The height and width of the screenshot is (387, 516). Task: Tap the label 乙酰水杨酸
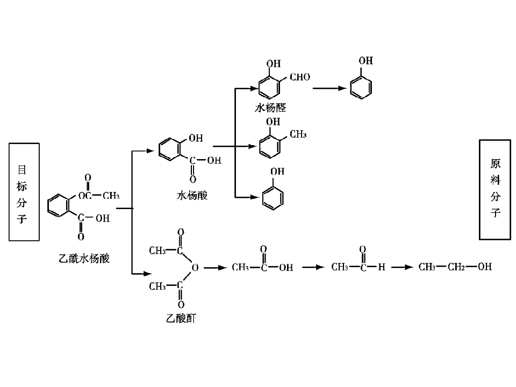click(84, 259)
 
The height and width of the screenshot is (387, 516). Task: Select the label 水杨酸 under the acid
click(192, 196)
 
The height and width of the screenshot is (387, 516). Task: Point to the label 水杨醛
click(270, 107)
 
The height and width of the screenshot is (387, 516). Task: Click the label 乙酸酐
click(181, 318)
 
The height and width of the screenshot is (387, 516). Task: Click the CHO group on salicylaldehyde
click(300, 77)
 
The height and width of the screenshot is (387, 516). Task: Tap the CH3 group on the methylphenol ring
click(298, 134)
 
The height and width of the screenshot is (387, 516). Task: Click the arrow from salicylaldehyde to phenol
click(329, 88)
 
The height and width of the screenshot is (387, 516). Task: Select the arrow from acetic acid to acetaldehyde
click(313, 267)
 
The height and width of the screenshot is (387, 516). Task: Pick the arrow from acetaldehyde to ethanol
click(402, 267)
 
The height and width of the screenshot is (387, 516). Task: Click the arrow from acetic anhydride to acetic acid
click(215, 268)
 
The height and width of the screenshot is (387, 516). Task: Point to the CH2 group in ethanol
click(456, 267)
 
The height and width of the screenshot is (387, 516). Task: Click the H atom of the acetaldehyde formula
click(382, 267)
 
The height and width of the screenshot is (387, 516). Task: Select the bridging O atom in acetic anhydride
click(195, 268)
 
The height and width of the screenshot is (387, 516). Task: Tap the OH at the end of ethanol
click(485, 266)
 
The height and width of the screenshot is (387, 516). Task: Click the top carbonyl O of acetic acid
click(263, 249)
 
